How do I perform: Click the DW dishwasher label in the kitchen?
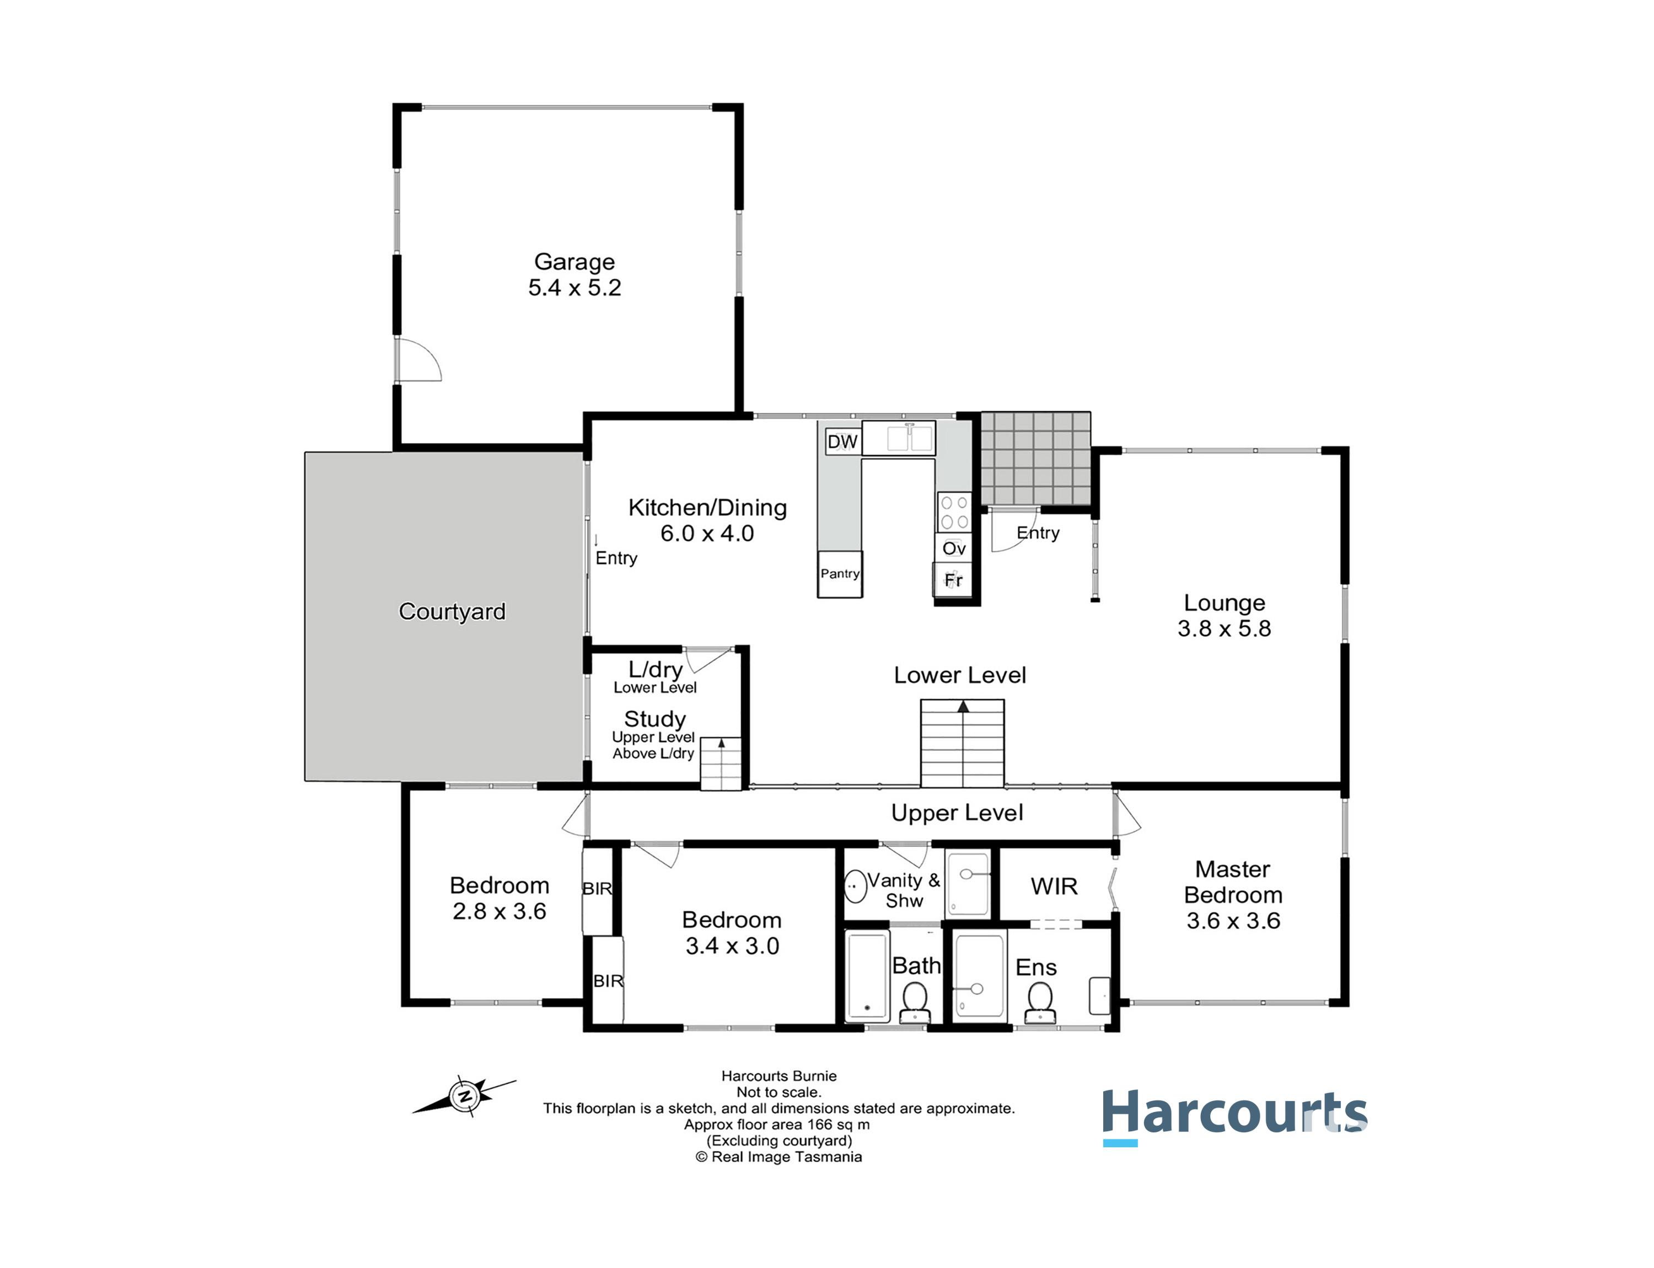842,442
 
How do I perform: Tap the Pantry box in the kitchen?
840,573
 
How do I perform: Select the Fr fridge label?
953,579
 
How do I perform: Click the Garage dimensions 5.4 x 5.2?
574,288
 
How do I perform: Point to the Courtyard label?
452,611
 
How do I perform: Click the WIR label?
1054,886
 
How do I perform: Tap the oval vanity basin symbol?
855,887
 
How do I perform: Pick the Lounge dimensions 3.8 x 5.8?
1225,628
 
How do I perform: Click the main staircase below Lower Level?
962,744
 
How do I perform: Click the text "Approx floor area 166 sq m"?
777,1125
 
